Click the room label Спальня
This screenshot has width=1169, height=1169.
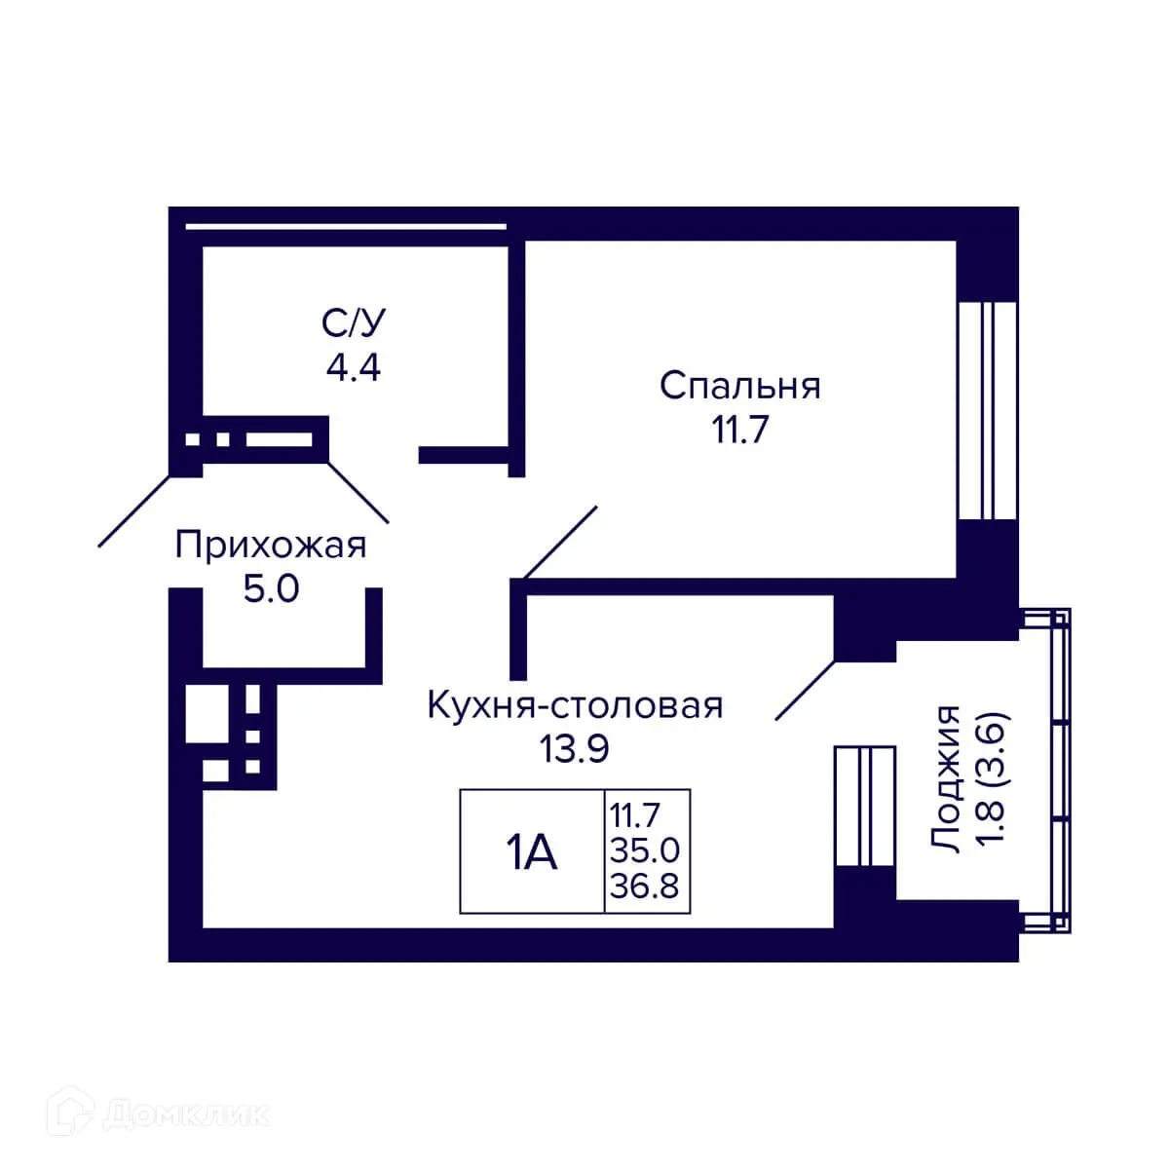click(739, 386)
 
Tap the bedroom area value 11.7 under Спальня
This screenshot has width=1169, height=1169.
click(739, 429)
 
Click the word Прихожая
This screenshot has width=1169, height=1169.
click(271, 546)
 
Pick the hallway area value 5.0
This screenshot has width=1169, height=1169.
click(271, 589)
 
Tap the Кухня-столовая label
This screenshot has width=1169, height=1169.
click(575, 704)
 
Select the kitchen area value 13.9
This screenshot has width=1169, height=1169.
click(575, 748)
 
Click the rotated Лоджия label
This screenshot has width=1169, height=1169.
click(946, 779)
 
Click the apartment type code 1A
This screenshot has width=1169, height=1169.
click(531, 853)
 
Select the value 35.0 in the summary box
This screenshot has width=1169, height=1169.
click(644, 850)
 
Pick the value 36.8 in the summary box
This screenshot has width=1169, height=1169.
click(644, 887)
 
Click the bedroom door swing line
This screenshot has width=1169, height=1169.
click(559, 544)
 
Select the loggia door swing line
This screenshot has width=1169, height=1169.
click(805, 692)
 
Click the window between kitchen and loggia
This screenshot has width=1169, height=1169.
click(864, 807)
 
